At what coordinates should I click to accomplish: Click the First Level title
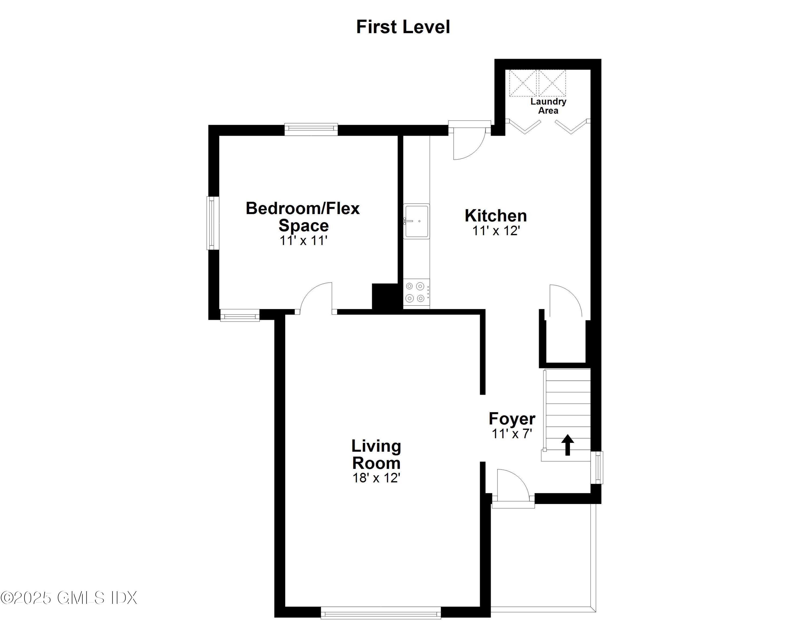click(403, 27)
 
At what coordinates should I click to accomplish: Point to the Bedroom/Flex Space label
click(303, 217)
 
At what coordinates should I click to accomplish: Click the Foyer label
click(512, 419)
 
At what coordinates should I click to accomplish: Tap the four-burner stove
click(415, 292)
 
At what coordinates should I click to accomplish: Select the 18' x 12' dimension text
click(376, 478)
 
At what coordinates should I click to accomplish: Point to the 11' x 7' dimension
click(512, 433)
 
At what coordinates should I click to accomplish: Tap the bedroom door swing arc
click(316, 296)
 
